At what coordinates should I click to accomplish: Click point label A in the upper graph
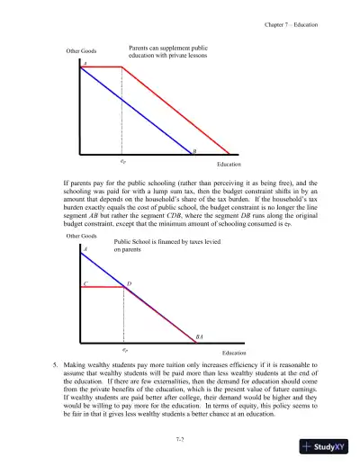(x=85, y=64)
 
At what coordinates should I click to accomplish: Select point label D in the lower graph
(x=129, y=283)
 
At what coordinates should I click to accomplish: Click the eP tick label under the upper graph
(x=122, y=163)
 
